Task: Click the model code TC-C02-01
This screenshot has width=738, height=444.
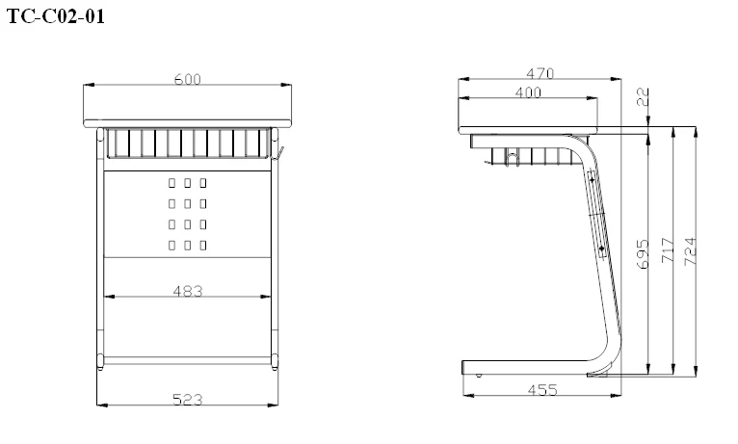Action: [55, 16]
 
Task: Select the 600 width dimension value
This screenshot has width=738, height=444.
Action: [187, 79]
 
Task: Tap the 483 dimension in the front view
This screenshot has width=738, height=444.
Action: [187, 290]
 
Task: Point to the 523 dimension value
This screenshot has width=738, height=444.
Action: [187, 398]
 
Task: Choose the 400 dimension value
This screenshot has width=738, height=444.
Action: [527, 92]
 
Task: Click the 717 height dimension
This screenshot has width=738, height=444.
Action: [667, 252]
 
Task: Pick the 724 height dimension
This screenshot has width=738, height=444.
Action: [690, 252]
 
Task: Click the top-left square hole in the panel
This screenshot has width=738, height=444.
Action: [171, 182]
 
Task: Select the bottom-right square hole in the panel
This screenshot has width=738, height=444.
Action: [203, 246]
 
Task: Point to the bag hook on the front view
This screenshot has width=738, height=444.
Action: [279, 153]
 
